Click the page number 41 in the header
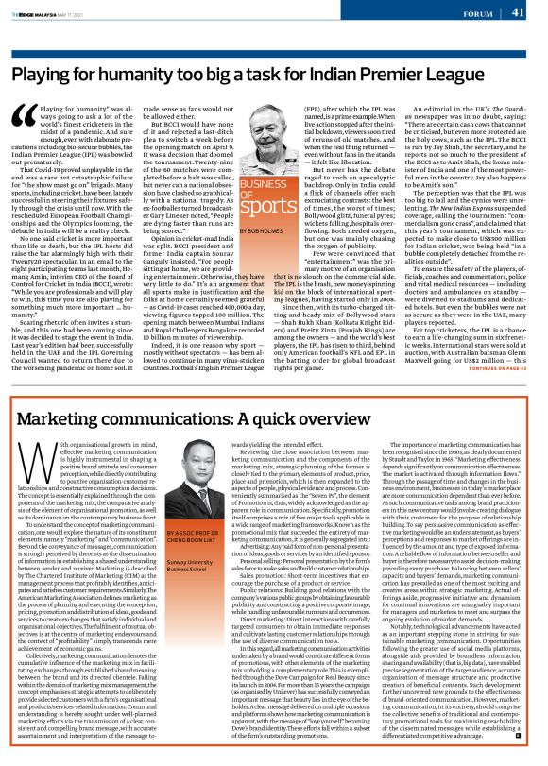click(518, 12)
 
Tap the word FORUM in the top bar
click(476, 13)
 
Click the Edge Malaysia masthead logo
click(40, 13)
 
